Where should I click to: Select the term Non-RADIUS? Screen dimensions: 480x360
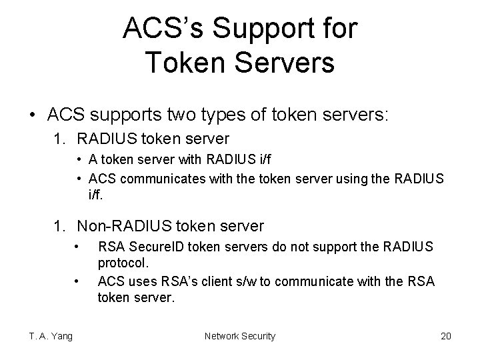click(119, 226)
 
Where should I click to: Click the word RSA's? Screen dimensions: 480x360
click(175, 282)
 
